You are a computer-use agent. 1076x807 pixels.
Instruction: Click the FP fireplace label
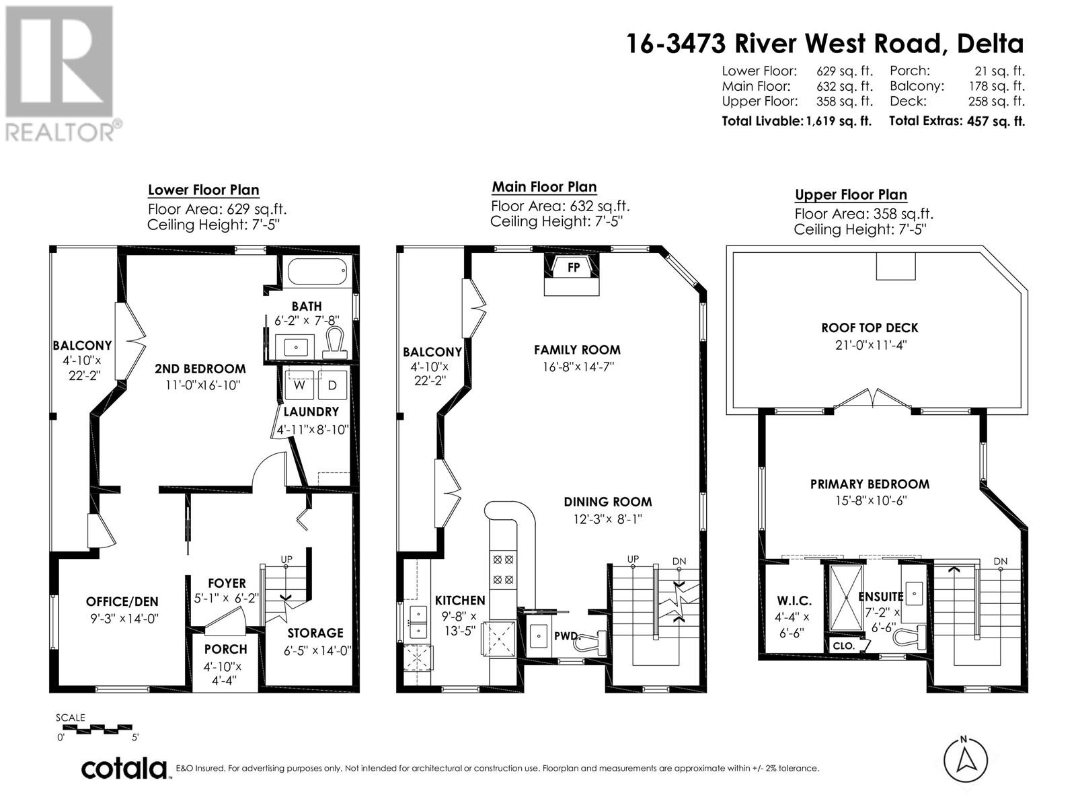tap(573, 267)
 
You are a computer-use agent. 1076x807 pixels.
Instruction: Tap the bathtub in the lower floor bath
tap(317, 271)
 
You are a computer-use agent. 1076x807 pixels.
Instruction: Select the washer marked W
tap(299, 385)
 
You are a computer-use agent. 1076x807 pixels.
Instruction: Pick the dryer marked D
tap(332, 385)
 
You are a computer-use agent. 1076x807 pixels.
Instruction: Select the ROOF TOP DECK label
tap(870, 328)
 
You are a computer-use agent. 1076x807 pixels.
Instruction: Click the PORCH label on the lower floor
tap(225, 649)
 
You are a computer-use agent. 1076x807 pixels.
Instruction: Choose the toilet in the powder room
tap(593, 642)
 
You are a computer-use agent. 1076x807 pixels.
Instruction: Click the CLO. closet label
tap(843, 646)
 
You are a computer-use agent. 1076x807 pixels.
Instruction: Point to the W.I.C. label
tap(794, 601)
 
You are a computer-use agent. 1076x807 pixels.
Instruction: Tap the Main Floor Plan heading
tap(544, 187)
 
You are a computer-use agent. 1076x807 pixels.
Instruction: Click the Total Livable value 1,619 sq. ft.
tap(838, 121)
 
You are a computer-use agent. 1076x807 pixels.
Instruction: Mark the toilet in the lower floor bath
tap(336, 343)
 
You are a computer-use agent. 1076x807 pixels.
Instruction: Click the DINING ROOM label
tap(608, 502)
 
